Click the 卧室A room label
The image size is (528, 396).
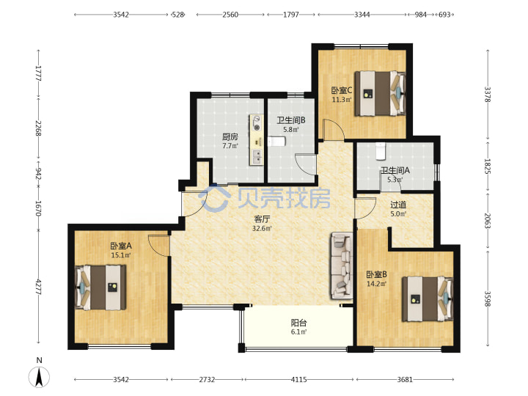[x=121, y=246]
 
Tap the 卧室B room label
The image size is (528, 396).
[x=376, y=275]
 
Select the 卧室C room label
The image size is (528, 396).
[x=342, y=90]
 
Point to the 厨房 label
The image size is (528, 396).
[x=230, y=136]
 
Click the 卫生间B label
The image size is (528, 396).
[x=291, y=120]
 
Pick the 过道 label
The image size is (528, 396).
[x=398, y=205]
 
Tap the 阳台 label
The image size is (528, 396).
[x=298, y=323]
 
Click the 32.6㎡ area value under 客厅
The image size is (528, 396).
[x=262, y=228]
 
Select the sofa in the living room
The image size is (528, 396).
[x=342, y=265]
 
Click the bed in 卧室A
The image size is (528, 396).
[x=100, y=287]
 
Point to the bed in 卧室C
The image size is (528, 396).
[x=380, y=93]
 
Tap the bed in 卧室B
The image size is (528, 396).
[x=428, y=298]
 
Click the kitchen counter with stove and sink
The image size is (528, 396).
[x=256, y=140]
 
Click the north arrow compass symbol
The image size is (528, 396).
[x=39, y=376]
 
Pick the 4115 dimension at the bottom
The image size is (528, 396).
[x=298, y=380]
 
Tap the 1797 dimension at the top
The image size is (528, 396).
[x=291, y=15]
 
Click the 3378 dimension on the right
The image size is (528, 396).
[x=488, y=95]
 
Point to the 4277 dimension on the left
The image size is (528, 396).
[x=38, y=287]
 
